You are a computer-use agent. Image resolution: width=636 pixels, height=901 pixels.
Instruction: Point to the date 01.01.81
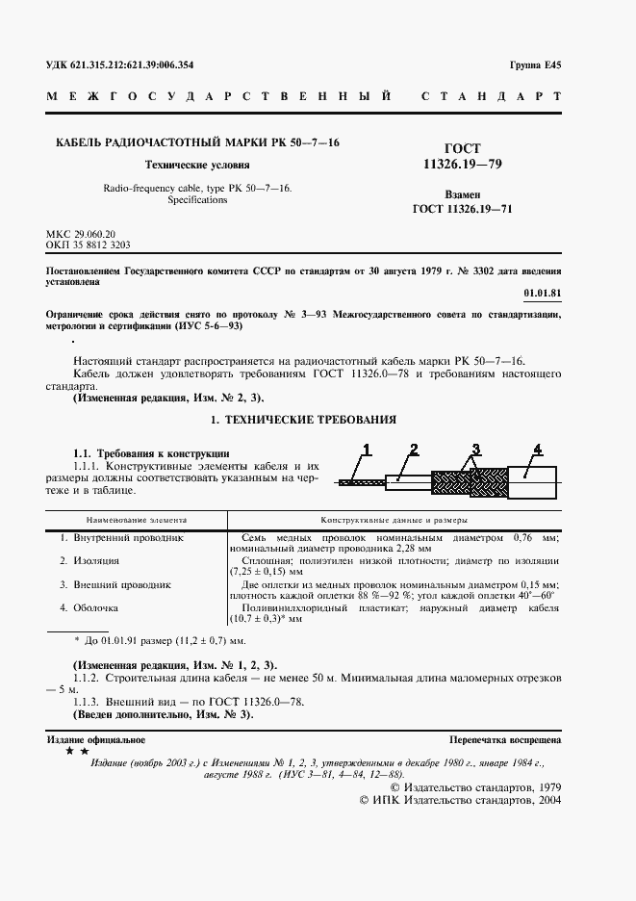coord(543,291)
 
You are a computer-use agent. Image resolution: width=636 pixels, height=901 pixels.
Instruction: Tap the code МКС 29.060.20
coord(81,234)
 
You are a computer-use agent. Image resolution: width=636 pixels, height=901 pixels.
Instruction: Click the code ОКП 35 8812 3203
coord(89,245)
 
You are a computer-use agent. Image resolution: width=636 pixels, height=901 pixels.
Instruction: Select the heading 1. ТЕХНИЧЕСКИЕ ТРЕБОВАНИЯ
coord(303,421)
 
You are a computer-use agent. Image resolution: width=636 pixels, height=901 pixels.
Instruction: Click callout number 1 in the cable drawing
coord(367,449)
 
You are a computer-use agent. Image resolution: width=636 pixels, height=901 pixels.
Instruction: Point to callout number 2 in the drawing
coord(412,449)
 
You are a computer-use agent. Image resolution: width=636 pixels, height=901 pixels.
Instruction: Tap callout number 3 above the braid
coord(475,449)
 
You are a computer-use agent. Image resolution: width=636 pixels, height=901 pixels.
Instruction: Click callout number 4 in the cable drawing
coord(538,449)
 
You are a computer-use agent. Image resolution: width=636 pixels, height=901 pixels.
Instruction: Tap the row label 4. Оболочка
coord(89,607)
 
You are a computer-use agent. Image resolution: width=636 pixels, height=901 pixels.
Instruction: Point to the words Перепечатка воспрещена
coord(505,739)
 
